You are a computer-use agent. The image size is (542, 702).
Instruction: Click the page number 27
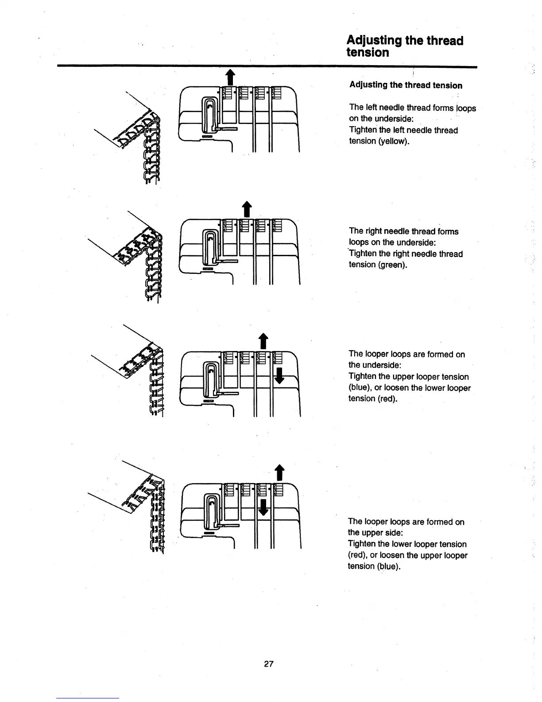269,664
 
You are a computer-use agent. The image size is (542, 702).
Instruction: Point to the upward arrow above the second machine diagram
246,209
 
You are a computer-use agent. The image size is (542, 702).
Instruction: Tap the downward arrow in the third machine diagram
279,377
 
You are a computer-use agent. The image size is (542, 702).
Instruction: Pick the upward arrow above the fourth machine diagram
279,472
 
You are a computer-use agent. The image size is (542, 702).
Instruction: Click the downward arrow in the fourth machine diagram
263,508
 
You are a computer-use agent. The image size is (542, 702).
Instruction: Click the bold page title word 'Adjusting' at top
374,41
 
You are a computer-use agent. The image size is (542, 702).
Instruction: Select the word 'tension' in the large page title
368,53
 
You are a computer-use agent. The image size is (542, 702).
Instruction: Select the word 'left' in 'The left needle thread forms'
369,107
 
